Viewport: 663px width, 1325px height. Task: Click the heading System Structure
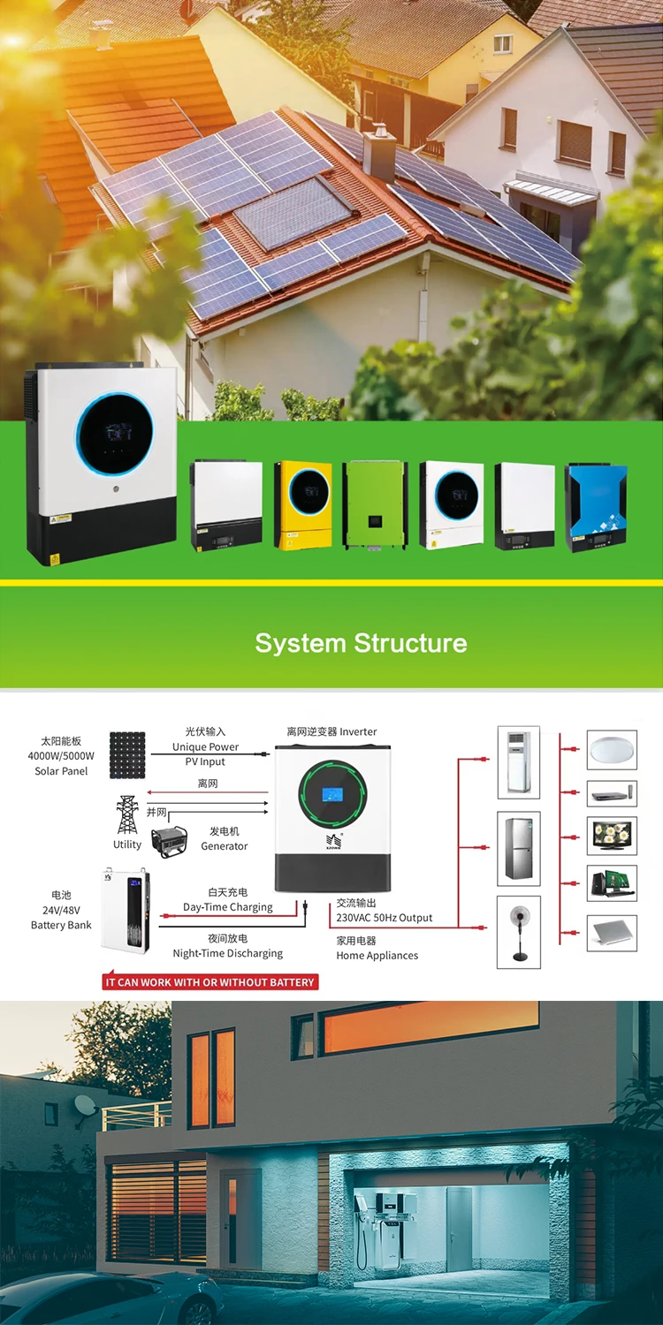(x=361, y=642)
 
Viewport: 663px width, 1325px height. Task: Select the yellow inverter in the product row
(x=302, y=504)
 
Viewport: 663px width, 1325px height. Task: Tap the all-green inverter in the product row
(x=375, y=504)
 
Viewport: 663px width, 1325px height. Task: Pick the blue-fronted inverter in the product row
(x=597, y=507)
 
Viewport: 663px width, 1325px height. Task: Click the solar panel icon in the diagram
(x=127, y=754)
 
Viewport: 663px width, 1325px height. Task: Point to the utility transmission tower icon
(x=127, y=814)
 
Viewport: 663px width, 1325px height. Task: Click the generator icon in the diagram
(x=169, y=842)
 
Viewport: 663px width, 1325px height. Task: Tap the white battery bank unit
(x=126, y=911)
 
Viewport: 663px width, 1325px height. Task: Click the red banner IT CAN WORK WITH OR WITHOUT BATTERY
(x=210, y=981)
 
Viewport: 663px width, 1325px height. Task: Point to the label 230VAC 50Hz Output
(x=385, y=918)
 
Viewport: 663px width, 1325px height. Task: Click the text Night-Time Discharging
(x=228, y=953)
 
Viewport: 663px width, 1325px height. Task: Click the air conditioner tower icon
(x=518, y=762)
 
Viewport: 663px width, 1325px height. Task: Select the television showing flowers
(x=612, y=835)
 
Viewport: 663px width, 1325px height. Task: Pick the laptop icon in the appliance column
(x=612, y=932)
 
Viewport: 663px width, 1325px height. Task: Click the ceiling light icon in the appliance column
(x=612, y=749)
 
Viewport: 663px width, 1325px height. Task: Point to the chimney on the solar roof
(x=380, y=153)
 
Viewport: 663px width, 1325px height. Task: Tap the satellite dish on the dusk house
(x=85, y=1103)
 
